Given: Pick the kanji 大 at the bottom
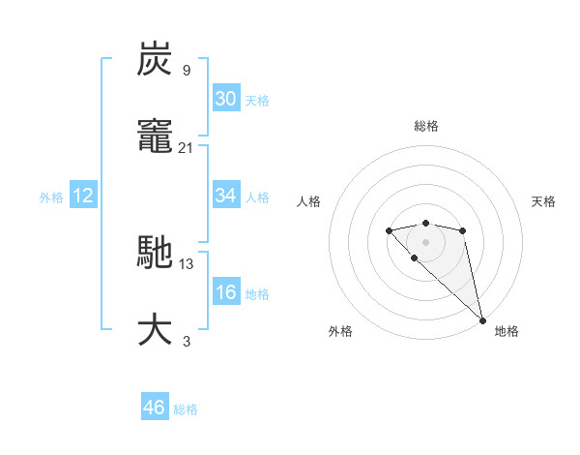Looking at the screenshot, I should point(156,329).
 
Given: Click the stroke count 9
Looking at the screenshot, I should point(186,70).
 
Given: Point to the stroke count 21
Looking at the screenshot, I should point(186,147).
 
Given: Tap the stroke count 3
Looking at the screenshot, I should point(186,341).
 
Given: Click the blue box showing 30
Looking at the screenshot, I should point(225,99).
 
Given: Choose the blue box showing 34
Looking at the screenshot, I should point(225,196).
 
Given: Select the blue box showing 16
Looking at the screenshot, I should point(225,292).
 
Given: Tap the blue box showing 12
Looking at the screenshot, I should point(83,196).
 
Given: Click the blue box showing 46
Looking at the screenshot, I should point(155,408).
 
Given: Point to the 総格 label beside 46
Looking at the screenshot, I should point(186,409).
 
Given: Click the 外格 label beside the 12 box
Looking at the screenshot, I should point(51,197).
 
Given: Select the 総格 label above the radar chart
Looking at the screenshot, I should point(425,126).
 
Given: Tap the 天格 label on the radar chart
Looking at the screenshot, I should point(543,201).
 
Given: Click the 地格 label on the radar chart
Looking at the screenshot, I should point(507,331).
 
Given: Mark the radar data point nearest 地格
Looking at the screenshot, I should point(482,319).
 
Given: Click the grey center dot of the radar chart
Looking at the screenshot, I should point(425,241).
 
